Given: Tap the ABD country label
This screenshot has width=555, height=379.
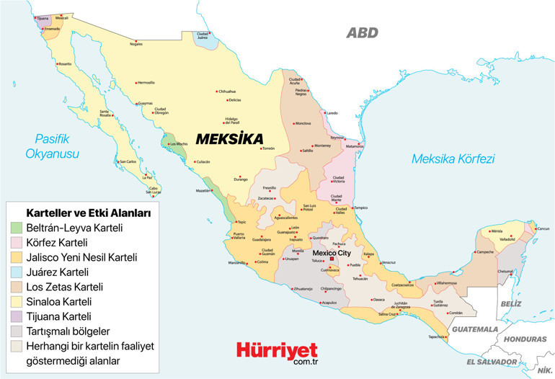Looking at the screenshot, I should pyautogui.click(x=362, y=32).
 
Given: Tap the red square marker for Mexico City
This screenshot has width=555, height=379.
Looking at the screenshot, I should pyautogui.click(x=332, y=259).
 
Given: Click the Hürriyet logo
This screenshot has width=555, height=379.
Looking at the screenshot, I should pyautogui.click(x=277, y=351).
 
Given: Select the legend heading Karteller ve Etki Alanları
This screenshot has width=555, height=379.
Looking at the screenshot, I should pyautogui.click(x=87, y=213).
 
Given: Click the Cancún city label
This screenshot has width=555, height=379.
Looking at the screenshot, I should pyautogui.click(x=543, y=229).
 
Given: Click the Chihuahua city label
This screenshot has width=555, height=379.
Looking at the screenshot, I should pyautogui.click(x=227, y=92).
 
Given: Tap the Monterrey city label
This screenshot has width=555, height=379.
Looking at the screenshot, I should pyautogui.click(x=322, y=145).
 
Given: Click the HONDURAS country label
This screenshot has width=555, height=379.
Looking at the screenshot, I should pyautogui.click(x=526, y=337).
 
